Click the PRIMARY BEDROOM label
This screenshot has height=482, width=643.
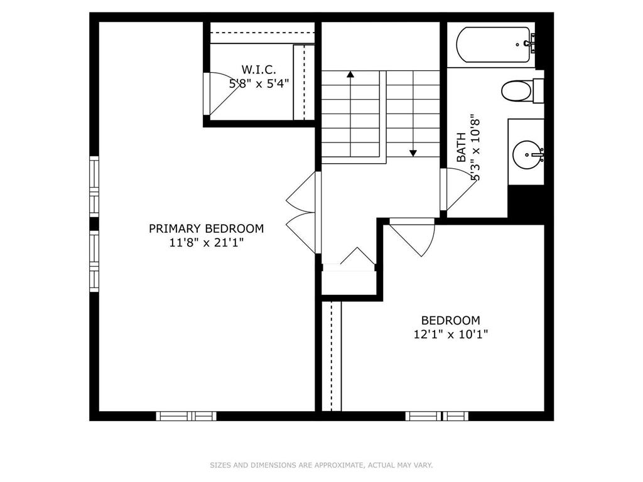point(206,228)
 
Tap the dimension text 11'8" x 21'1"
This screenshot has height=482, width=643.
point(206,243)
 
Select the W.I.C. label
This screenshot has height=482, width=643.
point(259,69)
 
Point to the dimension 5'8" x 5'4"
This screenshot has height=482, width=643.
point(259,82)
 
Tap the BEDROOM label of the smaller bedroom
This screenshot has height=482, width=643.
point(450,320)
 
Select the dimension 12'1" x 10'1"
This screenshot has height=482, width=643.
point(450,335)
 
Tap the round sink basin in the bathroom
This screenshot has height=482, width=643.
point(526,153)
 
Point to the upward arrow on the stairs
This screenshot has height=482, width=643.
point(350,75)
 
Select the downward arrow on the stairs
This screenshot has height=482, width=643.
point(413,152)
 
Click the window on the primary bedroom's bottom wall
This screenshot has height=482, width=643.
point(186,415)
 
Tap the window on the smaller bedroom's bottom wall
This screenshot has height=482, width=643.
point(436,415)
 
